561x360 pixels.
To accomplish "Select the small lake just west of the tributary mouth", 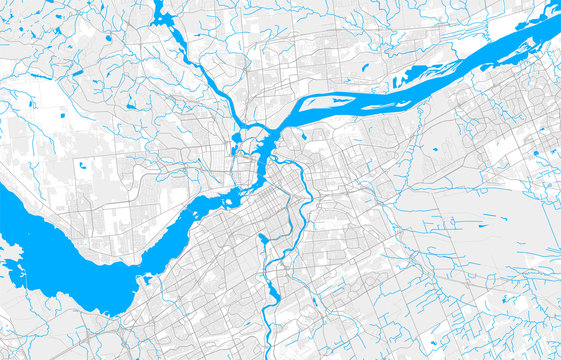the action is pyautogui.click(x=236, y=137).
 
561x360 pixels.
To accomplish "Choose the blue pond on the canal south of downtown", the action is pyautogui.click(x=262, y=239).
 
